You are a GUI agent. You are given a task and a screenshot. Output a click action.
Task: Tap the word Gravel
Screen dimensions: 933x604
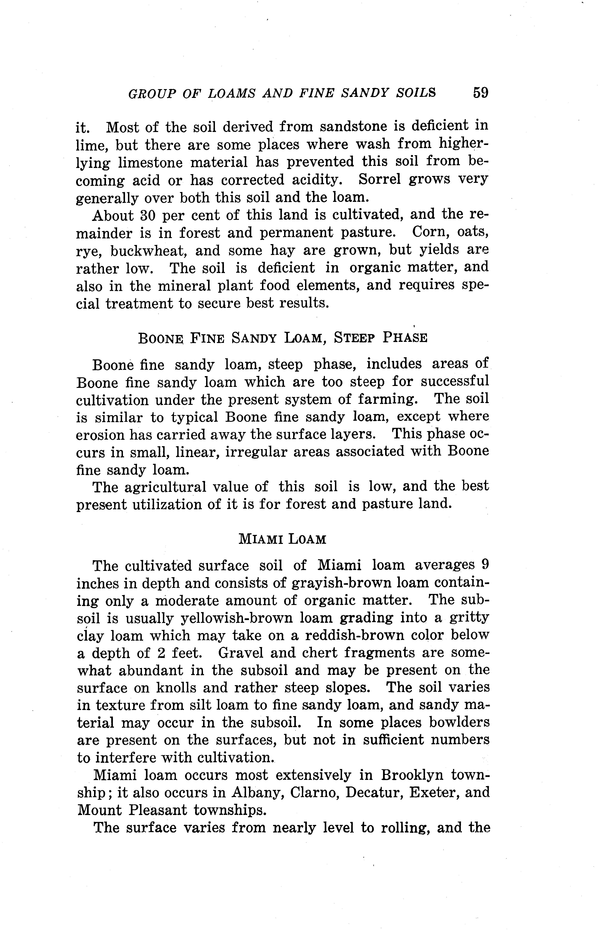tap(237, 653)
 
